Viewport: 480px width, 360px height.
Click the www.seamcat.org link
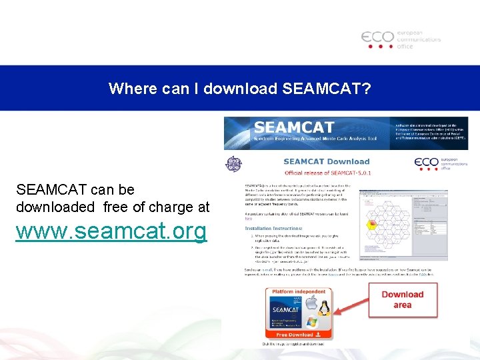click(112, 231)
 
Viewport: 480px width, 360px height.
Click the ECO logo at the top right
click(401, 39)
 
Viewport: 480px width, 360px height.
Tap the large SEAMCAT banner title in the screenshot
click(294, 127)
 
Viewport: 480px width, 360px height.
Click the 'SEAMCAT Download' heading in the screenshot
click(326, 161)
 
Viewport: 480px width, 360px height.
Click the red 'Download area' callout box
click(402, 299)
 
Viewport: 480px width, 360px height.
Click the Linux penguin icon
click(325, 307)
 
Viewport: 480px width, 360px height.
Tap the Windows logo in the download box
click(312, 321)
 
